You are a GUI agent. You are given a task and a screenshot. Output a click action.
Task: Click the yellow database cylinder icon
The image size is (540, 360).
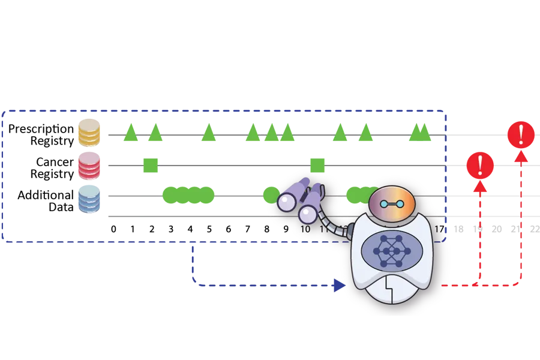click(89, 133)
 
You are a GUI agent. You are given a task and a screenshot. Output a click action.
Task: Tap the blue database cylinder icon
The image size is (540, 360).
click(89, 199)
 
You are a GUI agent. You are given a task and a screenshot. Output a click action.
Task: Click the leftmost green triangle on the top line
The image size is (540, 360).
click(130, 133)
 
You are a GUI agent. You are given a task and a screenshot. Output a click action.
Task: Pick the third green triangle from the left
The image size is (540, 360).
click(209, 133)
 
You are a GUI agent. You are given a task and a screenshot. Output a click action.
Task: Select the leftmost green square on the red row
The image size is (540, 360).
click(151, 164)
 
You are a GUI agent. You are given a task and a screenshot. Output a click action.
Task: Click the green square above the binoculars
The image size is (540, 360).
click(317, 164)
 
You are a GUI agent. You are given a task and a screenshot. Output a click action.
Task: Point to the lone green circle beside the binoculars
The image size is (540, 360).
click(271, 194)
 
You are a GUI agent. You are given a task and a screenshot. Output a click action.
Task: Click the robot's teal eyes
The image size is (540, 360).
click(392, 205)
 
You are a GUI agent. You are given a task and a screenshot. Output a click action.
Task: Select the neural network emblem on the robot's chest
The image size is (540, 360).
click(391, 251)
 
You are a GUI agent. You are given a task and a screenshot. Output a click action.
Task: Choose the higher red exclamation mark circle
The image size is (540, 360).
click(521, 135)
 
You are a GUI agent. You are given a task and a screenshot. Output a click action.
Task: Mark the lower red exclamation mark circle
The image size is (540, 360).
click(480, 166)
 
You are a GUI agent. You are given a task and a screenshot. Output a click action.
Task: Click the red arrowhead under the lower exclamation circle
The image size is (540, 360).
click(480, 186)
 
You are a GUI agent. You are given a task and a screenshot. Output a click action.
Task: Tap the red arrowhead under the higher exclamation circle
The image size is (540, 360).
click(521, 156)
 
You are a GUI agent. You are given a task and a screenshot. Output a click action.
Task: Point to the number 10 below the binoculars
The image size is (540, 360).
click(305, 229)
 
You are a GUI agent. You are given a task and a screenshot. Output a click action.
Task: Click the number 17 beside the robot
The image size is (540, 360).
click(439, 229)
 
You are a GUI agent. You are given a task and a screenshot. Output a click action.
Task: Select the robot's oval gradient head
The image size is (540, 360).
click(392, 203)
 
